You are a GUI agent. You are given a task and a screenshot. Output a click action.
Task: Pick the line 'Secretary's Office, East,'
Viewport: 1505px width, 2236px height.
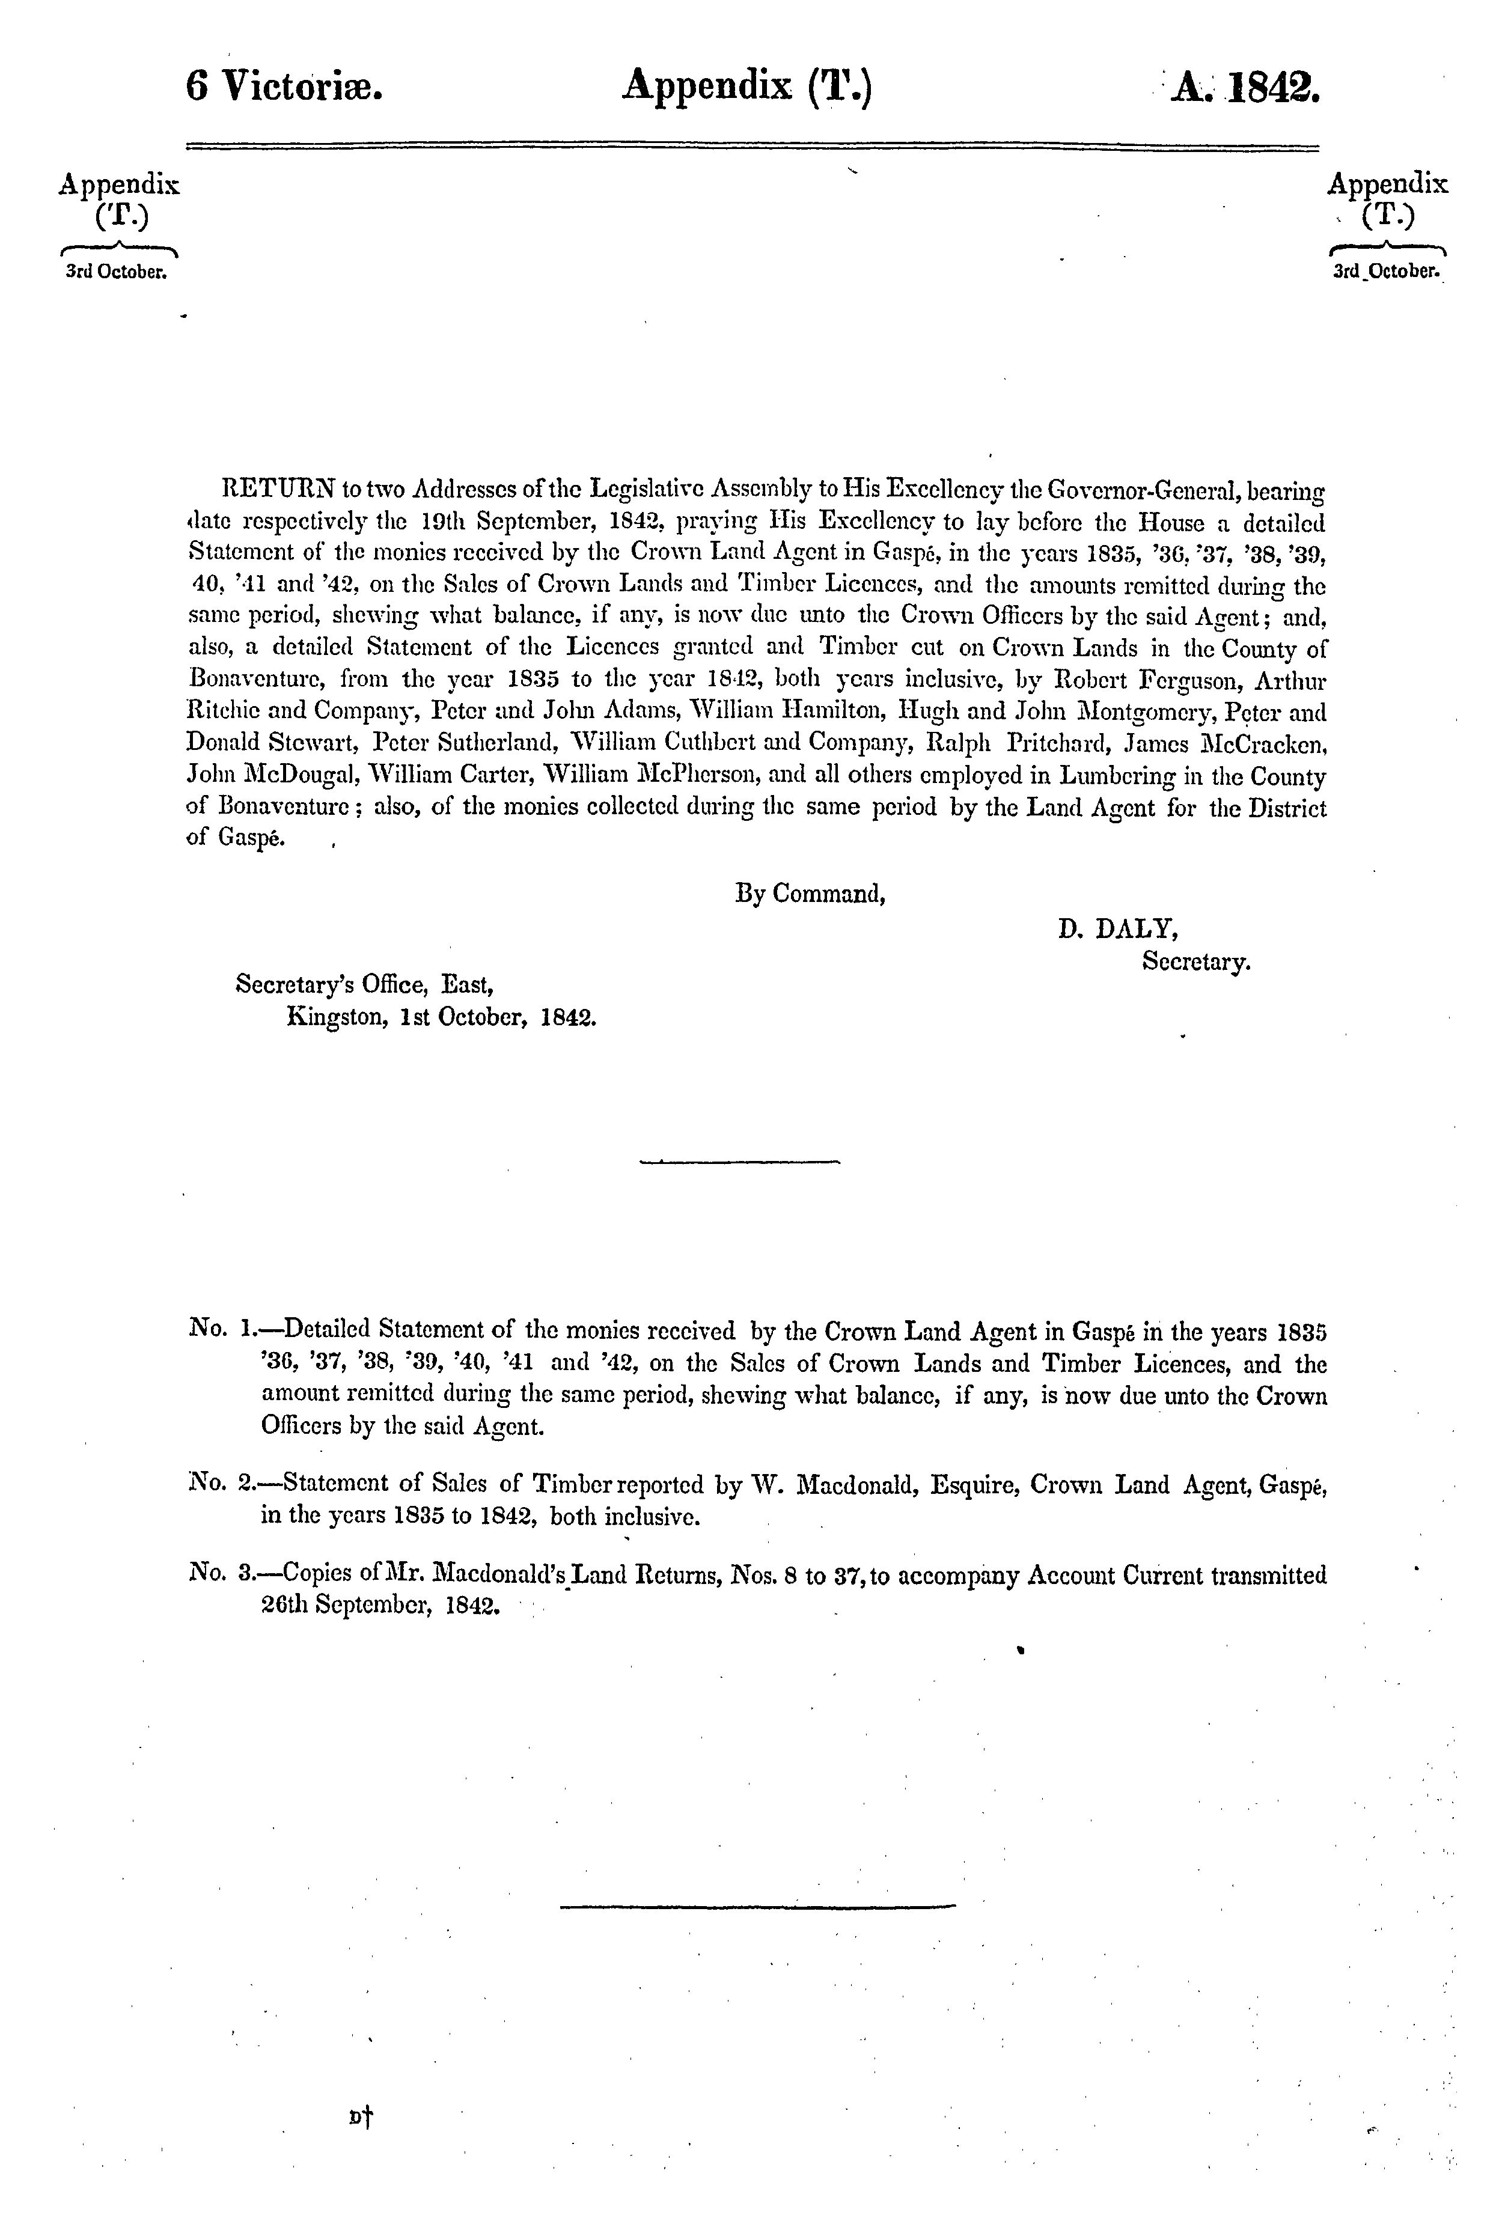click(365, 984)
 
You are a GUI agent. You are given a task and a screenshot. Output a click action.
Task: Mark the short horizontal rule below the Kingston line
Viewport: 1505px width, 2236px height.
click(739, 1163)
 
